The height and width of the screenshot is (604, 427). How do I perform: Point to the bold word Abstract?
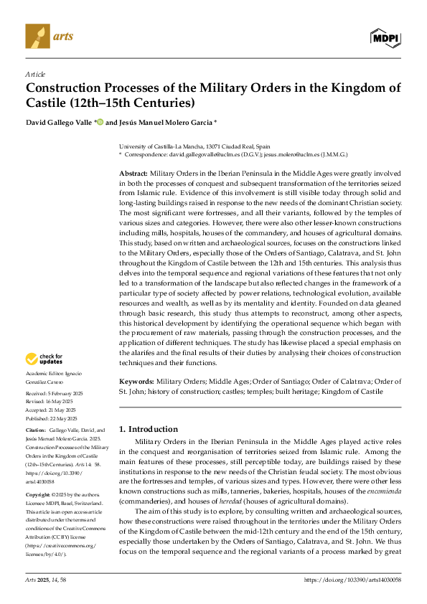point(133,174)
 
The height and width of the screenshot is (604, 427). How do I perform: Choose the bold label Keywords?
point(137,382)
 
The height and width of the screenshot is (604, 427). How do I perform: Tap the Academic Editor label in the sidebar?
point(44,374)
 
